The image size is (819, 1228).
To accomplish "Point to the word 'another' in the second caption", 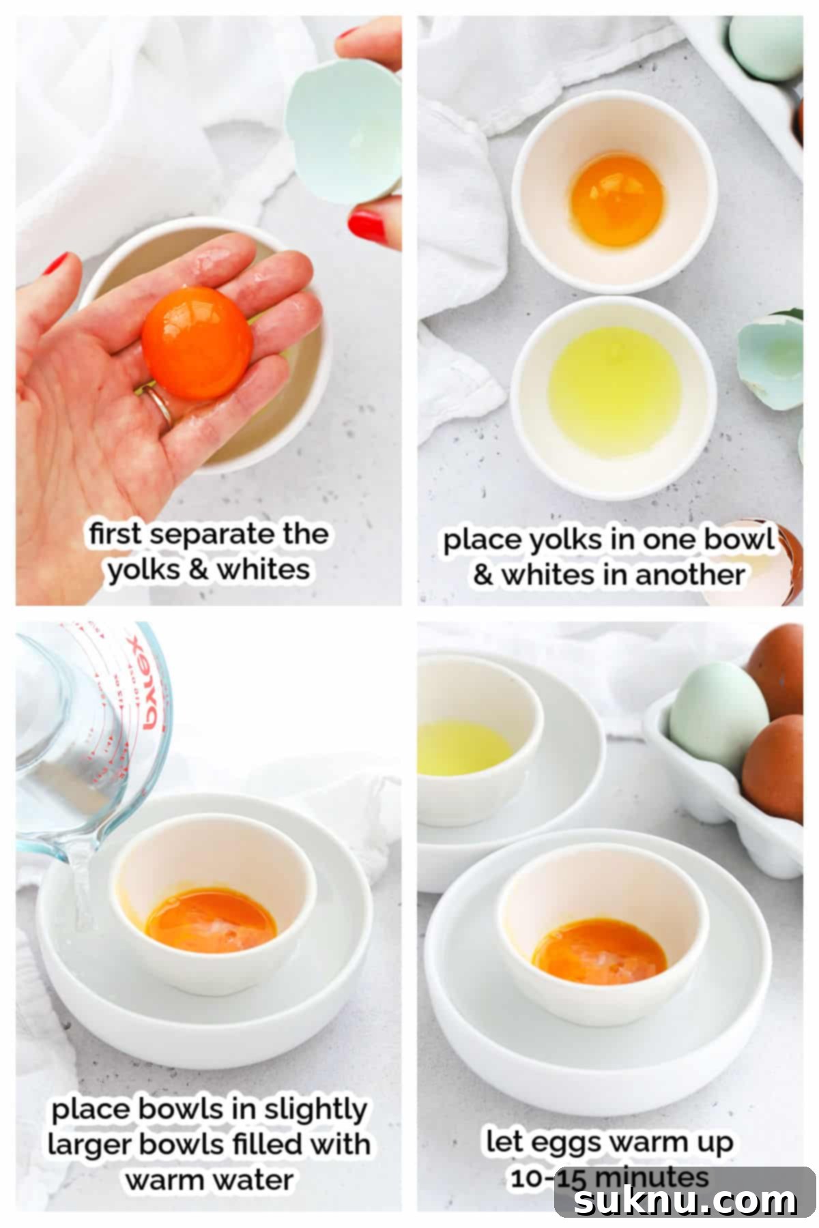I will pyautogui.click(x=689, y=574).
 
